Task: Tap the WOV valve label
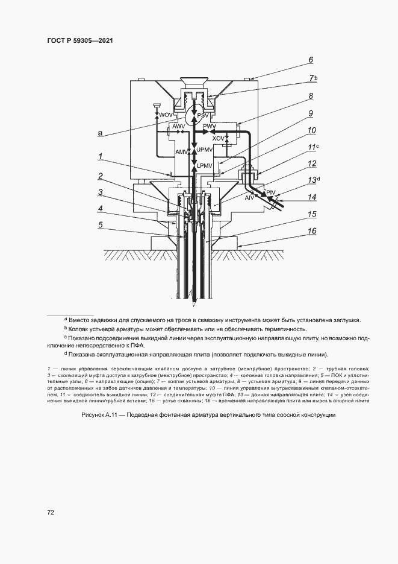164,115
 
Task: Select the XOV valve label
219,138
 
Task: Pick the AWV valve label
179,127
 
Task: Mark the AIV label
249,197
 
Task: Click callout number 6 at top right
311,60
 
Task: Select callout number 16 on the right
311,231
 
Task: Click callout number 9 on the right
311,113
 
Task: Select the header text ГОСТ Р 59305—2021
79,40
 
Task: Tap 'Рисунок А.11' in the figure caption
99,416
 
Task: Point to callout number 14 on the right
311,197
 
